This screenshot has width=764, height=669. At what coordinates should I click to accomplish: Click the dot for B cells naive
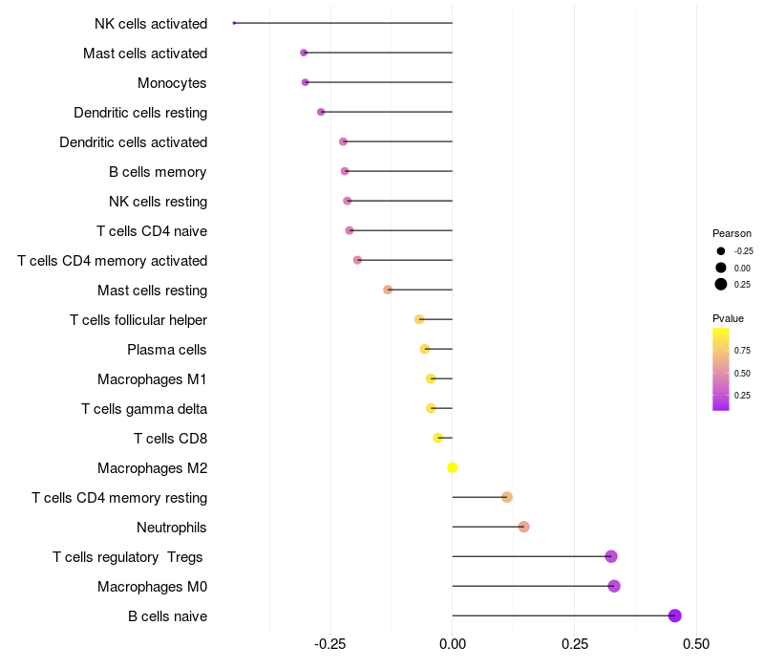(675, 615)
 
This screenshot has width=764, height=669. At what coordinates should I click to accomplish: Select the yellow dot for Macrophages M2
(452, 467)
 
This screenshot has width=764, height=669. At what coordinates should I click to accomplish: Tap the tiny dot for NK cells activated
(234, 23)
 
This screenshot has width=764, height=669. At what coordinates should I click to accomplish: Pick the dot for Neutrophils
(523, 527)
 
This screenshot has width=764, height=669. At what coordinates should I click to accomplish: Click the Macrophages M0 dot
(614, 586)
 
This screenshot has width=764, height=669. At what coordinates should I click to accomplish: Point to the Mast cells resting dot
(388, 290)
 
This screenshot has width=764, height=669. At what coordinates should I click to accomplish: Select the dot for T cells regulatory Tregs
(611, 556)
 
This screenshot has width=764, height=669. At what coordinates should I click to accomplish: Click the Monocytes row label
(172, 83)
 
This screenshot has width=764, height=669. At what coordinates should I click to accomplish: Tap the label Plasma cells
(166, 350)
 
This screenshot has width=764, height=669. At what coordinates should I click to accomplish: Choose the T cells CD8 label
(171, 439)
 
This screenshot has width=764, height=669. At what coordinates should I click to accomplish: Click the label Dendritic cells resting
(140, 113)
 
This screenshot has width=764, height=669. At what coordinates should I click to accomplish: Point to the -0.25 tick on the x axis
(329, 644)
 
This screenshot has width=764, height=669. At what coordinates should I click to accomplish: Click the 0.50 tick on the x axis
(696, 644)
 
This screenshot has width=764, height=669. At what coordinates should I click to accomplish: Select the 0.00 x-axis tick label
(452, 644)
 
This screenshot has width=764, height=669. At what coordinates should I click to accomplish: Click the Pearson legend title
(732, 233)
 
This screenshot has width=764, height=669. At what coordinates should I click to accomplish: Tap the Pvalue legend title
(728, 318)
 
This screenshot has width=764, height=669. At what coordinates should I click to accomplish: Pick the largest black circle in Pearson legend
(721, 284)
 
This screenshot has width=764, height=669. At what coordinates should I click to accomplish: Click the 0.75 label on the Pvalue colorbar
(742, 351)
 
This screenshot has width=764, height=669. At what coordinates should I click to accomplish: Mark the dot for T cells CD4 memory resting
(507, 497)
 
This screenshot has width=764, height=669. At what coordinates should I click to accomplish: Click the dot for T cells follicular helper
(419, 319)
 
